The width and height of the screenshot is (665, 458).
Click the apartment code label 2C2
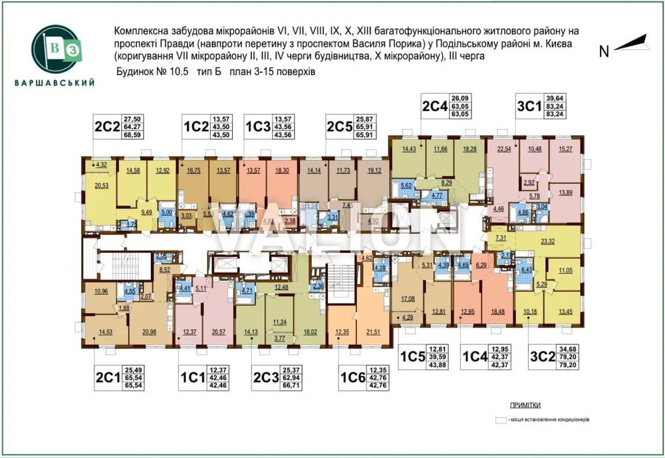106,126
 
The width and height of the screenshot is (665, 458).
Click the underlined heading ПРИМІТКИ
525,405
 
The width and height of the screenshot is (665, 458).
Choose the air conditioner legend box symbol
500,420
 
